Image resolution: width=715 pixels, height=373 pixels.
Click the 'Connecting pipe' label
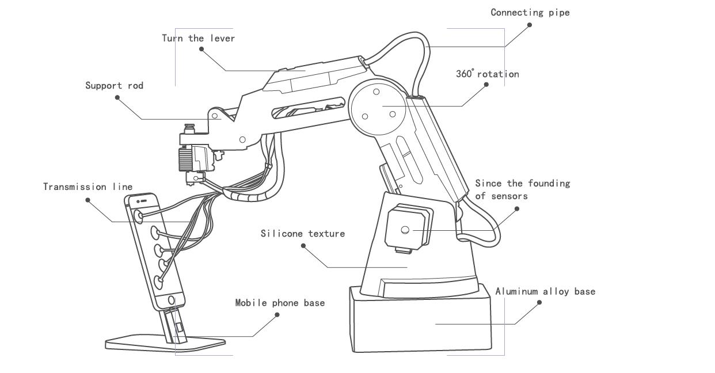click(x=530, y=12)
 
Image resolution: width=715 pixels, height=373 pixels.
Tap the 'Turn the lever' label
click(x=198, y=38)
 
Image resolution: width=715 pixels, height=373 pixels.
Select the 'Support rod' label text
click(x=114, y=86)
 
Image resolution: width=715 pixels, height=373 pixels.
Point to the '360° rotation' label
click(x=487, y=74)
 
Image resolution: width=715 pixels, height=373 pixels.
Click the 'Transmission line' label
click(x=88, y=186)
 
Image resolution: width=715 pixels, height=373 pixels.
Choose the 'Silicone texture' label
click(x=302, y=233)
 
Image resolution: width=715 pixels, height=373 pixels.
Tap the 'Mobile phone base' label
click(x=280, y=302)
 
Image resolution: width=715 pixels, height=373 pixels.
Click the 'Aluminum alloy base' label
click(x=545, y=291)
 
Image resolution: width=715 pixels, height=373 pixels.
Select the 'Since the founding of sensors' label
click(x=522, y=189)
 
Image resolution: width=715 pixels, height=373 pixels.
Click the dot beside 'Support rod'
click(x=117, y=97)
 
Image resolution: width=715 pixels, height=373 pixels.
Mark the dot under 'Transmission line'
click(x=88, y=200)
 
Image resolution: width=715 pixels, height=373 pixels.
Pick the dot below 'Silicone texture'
click(x=303, y=245)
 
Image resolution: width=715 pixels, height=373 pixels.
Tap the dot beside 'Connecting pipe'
click(x=529, y=25)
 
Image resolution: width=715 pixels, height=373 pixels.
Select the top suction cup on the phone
click(x=139, y=216)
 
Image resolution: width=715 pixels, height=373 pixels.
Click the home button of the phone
click(x=172, y=299)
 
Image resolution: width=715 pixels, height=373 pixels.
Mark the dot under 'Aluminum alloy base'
click(x=539, y=302)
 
